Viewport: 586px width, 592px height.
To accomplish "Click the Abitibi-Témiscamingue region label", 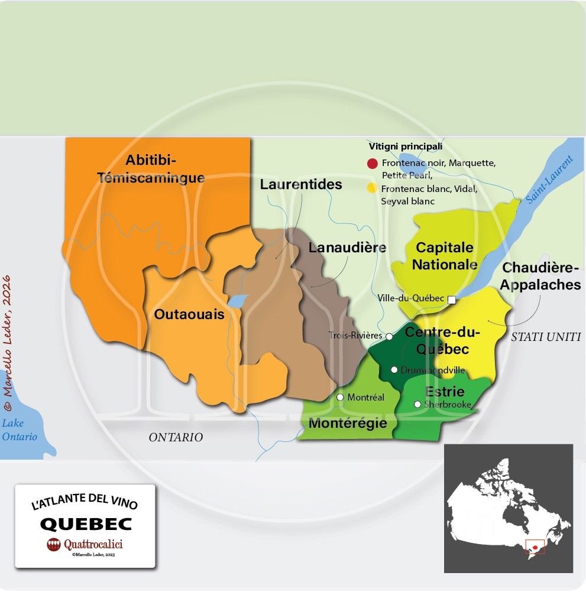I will click(151, 169).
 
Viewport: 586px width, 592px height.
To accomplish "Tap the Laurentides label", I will click(301, 184).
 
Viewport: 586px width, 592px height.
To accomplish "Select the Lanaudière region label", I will click(347, 248).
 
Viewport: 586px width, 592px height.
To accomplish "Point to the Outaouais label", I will click(189, 314).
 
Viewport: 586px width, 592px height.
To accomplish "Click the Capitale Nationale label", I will click(445, 256).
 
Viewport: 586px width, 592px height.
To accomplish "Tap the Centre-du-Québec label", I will click(442, 341).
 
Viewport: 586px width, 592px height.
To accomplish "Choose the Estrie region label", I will click(445, 391).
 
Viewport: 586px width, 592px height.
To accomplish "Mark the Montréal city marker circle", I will click(340, 397).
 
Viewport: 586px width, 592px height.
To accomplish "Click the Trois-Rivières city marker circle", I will click(389, 336).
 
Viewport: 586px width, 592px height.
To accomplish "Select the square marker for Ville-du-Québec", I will click(452, 300).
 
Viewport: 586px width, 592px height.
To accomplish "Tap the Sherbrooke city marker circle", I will click(418, 405).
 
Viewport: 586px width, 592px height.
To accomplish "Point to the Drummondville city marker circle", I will click(394, 370).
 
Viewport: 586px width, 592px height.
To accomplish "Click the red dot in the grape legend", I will click(372, 164).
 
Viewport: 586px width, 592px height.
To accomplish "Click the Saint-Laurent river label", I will click(550, 180).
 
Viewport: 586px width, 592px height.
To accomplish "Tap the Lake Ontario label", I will click(19, 430).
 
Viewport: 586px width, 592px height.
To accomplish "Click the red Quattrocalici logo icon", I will click(54, 545).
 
